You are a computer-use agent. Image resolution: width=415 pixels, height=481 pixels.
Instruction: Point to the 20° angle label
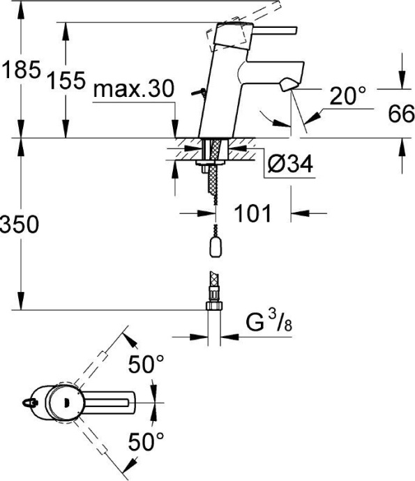point(347,97)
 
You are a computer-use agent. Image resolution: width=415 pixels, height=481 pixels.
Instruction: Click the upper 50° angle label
point(147,365)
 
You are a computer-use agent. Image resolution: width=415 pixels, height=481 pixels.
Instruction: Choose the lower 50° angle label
point(147,441)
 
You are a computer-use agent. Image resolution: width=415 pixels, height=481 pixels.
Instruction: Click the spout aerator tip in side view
point(286,86)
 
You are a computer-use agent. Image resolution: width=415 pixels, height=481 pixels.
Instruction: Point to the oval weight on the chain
point(214,247)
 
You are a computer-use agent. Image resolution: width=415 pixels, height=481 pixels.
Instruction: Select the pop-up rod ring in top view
point(29,402)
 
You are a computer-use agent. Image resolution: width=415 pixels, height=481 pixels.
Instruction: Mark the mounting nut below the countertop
point(206,165)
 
